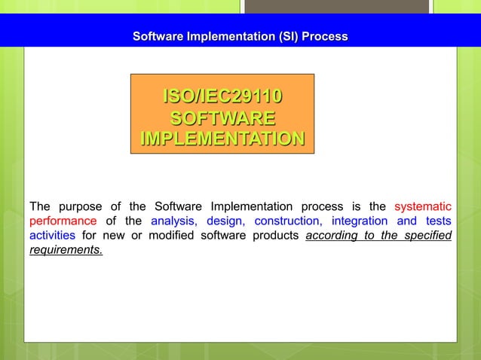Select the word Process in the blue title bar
[x=326, y=36]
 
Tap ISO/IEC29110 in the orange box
[x=222, y=97]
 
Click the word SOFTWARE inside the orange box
[x=222, y=118]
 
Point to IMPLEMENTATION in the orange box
[x=222, y=139]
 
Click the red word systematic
[x=423, y=206]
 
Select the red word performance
[x=63, y=221]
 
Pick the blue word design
[x=225, y=221]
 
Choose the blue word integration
[x=360, y=221]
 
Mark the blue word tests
[x=437, y=221]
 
